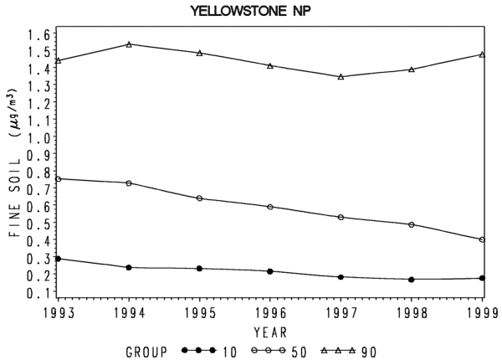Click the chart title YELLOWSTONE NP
251,11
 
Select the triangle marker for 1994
129,44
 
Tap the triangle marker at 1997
341,77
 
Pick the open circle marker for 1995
199,198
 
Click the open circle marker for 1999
482,239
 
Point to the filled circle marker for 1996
270,271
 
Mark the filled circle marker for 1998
412,280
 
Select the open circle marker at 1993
59,178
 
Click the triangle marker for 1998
412,69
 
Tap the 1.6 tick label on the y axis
38,34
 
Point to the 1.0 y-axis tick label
38,138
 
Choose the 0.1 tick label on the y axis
38,292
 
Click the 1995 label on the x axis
200,313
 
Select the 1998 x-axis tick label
412,313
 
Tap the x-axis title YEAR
270,332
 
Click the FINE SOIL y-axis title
15,197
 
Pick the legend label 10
229,352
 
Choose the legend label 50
299,352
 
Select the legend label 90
369,352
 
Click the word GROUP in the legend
146,352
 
